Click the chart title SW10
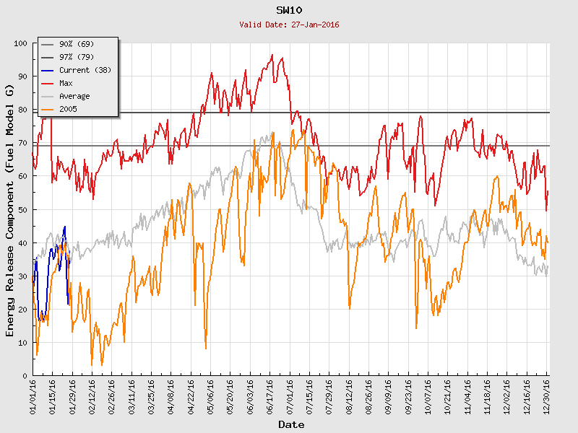pyautogui.click(x=289, y=10)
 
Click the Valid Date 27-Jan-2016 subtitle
pyautogui.click(x=289, y=25)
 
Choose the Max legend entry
pyautogui.click(x=66, y=83)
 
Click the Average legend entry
pyautogui.click(x=74, y=96)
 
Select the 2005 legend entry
pyautogui.click(x=69, y=109)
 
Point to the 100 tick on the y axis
pyautogui.click(x=20, y=43)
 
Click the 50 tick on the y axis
pyautogui.click(x=22, y=209)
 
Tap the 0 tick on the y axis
pyautogui.click(x=25, y=376)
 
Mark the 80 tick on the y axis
pyautogui.click(x=22, y=110)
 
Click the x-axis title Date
pyautogui.click(x=291, y=424)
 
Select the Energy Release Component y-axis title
pyautogui.click(x=10, y=210)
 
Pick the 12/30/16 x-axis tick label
pyautogui.click(x=547, y=396)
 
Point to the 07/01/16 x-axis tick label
pyautogui.click(x=290, y=396)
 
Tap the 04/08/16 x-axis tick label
pyautogui.click(x=171, y=396)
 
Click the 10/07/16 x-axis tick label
pyautogui.click(x=428, y=396)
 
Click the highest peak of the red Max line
pyautogui.click(x=272, y=55)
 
